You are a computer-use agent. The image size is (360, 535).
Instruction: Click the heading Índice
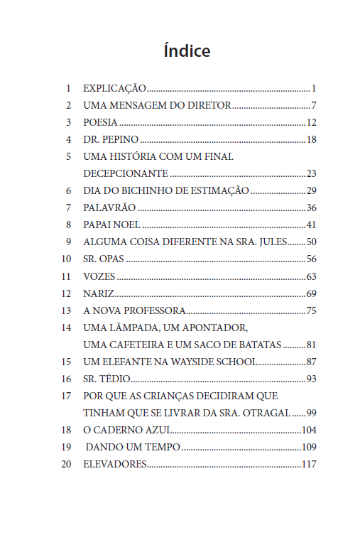(x=187, y=51)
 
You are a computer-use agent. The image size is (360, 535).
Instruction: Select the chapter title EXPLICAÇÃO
(x=114, y=89)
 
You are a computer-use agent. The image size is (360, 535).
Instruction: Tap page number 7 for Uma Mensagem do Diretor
(x=313, y=106)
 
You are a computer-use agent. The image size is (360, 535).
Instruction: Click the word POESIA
(x=100, y=123)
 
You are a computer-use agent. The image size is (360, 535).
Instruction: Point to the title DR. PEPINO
(x=111, y=139)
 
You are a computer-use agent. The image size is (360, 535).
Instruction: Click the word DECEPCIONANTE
(x=125, y=173)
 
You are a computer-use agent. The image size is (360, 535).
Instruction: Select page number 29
(x=311, y=190)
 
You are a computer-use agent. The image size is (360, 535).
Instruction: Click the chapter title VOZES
(x=99, y=276)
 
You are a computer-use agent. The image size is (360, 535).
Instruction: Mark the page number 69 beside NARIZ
(x=311, y=293)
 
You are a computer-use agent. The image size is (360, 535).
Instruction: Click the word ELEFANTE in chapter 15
(x=138, y=362)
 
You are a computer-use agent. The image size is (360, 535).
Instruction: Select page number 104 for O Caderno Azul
(x=308, y=430)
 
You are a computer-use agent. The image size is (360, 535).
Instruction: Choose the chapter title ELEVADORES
(x=114, y=464)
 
